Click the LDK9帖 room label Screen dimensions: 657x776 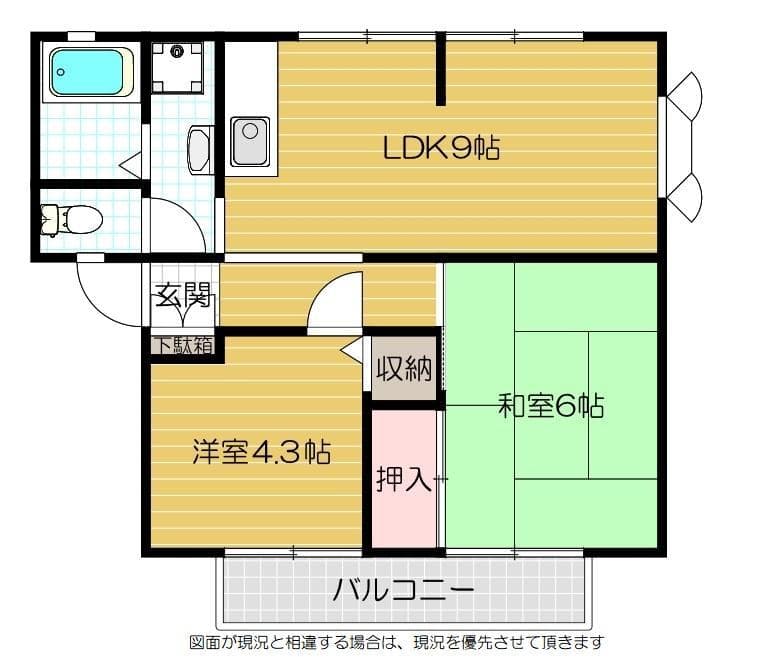click(x=441, y=149)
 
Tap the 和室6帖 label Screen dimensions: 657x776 click(x=550, y=407)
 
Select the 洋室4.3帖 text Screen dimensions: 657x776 click(x=262, y=452)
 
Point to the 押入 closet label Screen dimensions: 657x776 click(x=404, y=479)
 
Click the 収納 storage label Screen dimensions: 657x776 click(x=404, y=370)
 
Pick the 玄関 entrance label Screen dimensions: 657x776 click(x=181, y=295)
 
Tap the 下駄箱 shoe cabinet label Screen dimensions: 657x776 click(x=182, y=346)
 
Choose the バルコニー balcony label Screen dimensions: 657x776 click(x=404, y=589)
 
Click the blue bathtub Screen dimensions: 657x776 click(x=90, y=72)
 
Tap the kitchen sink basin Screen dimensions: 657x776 click(x=248, y=141)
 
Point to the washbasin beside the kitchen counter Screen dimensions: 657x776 click(x=199, y=150)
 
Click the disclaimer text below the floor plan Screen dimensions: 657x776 click(x=396, y=642)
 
